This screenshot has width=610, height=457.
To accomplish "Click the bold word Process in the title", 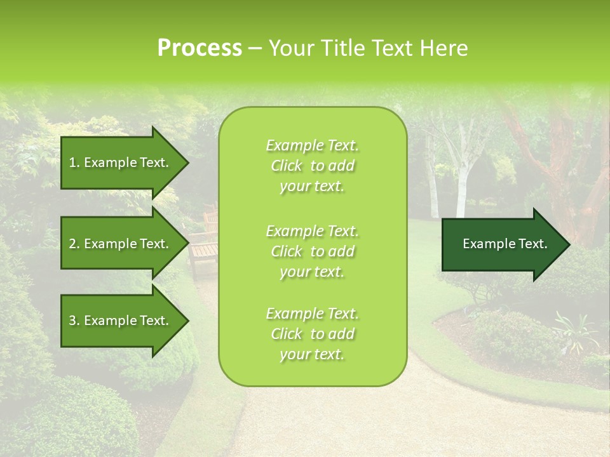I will click(200, 48).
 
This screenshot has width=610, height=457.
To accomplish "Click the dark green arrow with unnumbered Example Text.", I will click(505, 244).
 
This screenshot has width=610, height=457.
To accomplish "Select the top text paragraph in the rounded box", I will click(312, 166).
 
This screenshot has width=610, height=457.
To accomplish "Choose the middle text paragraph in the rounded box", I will click(312, 251).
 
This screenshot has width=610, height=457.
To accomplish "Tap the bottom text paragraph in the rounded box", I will click(312, 334).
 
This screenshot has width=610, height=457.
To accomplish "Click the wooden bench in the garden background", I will click(203, 251).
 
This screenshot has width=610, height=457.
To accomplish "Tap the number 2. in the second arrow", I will click(74, 244).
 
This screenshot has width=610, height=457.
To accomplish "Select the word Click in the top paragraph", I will click(287, 166).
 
